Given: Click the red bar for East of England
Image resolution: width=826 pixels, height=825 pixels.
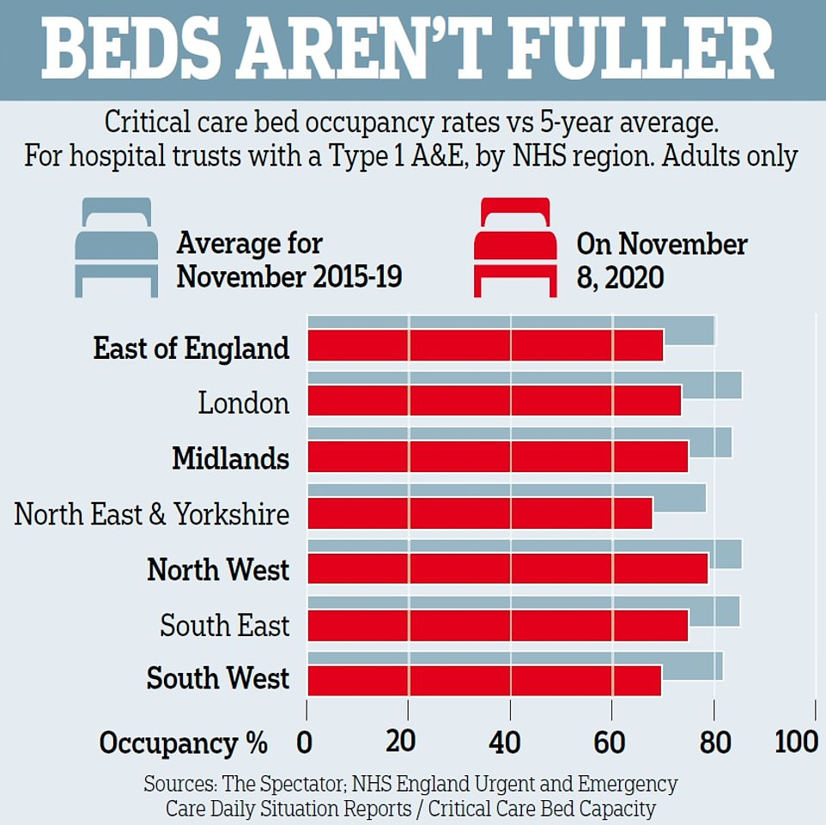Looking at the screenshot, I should (x=485, y=346).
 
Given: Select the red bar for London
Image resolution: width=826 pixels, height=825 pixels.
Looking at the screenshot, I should (x=494, y=401).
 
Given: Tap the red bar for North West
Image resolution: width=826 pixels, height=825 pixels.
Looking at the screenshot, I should (x=507, y=568).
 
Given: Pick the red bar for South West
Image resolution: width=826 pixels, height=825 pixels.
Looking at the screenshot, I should (x=484, y=681).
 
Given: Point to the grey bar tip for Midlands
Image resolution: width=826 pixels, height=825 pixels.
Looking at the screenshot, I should (x=711, y=440).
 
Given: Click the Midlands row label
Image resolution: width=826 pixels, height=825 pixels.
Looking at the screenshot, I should (x=230, y=458).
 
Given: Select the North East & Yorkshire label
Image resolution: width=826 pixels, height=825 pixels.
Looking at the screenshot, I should (x=152, y=514).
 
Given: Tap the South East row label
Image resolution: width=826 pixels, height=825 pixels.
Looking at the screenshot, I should (x=225, y=626).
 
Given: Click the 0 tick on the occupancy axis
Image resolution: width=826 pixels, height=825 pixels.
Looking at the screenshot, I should (x=305, y=742).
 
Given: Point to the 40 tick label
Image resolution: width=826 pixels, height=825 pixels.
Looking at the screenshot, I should (x=510, y=742).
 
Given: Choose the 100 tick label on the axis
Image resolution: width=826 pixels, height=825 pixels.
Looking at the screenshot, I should (x=796, y=742).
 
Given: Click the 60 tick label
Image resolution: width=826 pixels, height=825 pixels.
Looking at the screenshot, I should (x=611, y=742).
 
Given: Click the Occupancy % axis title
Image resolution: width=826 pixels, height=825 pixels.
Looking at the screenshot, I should (x=183, y=743).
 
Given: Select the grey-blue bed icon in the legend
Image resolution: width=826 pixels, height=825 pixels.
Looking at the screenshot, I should (x=117, y=247).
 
